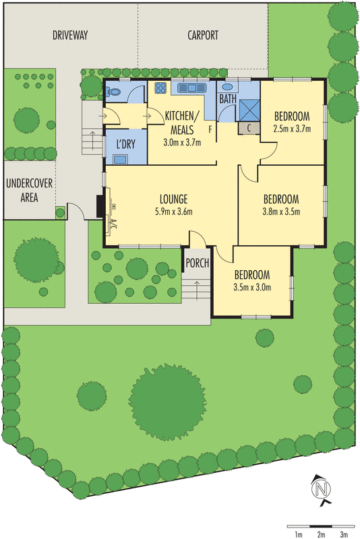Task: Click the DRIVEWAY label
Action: point(71,36)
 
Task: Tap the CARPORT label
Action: point(203,36)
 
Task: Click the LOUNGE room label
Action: point(173,199)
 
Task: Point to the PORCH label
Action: point(197,263)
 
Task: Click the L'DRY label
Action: point(125,144)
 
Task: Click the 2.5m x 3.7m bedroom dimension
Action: point(292,128)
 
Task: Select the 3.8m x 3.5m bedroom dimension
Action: point(281,212)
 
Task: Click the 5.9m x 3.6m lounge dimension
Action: point(173,212)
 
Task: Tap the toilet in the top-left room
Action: point(114,92)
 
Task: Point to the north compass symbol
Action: point(322,488)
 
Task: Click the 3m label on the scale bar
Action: point(344,534)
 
